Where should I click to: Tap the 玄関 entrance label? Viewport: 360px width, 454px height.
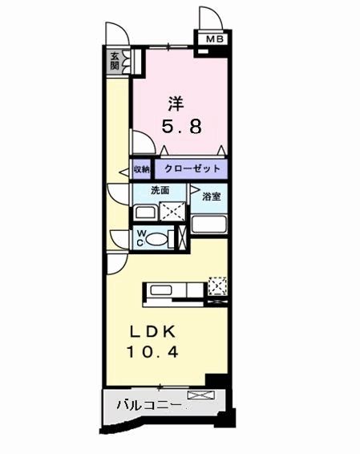click(116, 61)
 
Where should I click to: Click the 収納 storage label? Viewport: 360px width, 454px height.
click(140, 170)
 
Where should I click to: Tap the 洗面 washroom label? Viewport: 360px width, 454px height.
click(160, 191)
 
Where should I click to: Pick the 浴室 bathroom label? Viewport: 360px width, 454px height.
click(212, 196)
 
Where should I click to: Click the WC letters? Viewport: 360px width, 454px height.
click(140, 237)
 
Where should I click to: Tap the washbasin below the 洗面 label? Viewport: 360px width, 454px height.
click(145, 213)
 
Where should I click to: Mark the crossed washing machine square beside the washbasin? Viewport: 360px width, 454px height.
click(173, 213)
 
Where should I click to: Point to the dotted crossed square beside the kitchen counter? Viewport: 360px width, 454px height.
click(217, 285)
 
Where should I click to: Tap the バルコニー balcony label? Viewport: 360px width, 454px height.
click(146, 406)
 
